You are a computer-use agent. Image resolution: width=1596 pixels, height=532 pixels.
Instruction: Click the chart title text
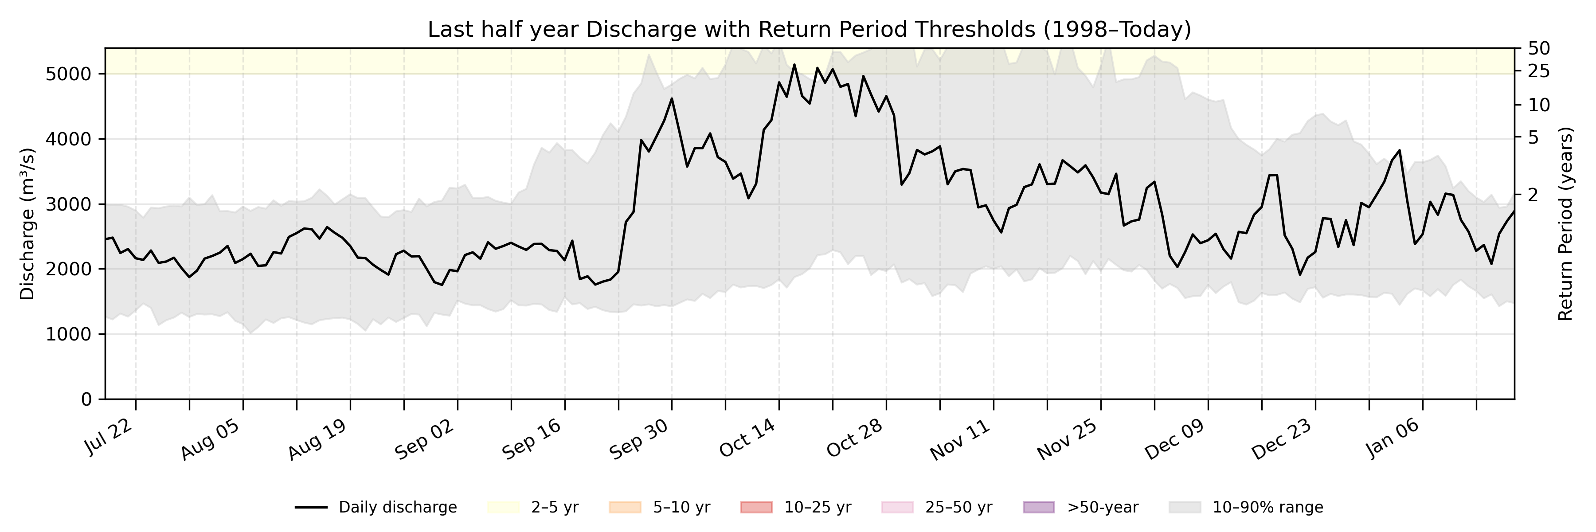[x=809, y=29]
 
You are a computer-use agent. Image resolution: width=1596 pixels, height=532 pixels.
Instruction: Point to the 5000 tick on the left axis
[x=68, y=74]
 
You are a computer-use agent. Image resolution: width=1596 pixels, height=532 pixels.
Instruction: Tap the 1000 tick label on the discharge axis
[x=68, y=334]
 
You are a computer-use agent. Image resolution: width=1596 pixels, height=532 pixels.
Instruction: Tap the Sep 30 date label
[x=639, y=439]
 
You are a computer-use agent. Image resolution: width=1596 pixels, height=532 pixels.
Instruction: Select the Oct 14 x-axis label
[x=747, y=438]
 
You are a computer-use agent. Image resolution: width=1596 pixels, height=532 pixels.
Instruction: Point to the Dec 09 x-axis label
[x=1174, y=439]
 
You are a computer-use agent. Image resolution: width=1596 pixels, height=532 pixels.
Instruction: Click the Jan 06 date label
[x=1392, y=438]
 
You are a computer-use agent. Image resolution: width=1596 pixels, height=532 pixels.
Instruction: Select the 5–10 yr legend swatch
[x=625, y=508]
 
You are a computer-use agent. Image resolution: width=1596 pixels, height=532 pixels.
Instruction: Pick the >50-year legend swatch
[x=1038, y=508]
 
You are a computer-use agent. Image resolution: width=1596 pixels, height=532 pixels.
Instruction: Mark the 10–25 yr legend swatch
[x=756, y=508]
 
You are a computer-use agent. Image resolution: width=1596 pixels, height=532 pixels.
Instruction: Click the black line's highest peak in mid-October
[x=794, y=64]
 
